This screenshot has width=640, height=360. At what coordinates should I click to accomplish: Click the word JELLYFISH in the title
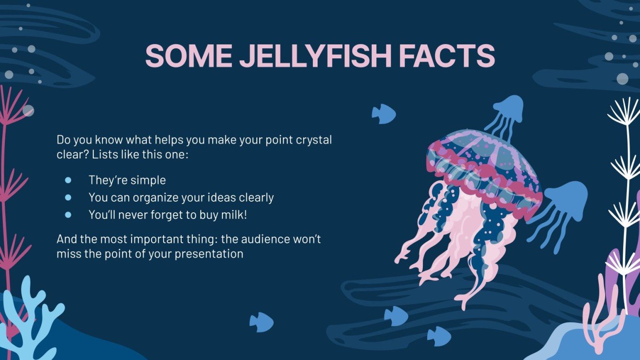click(x=315, y=56)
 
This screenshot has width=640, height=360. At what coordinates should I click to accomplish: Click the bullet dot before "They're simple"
click(x=68, y=180)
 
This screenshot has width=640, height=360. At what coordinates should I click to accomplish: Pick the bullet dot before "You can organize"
click(x=68, y=197)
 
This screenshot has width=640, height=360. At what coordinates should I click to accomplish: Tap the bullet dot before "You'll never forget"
click(x=68, y=215)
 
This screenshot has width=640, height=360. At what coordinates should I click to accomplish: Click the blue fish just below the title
click(x=384, y=114)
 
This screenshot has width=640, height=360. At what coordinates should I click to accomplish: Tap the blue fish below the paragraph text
click(x=261, y=322)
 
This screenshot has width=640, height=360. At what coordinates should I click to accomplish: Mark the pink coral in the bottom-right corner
click(x=601, y=316)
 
